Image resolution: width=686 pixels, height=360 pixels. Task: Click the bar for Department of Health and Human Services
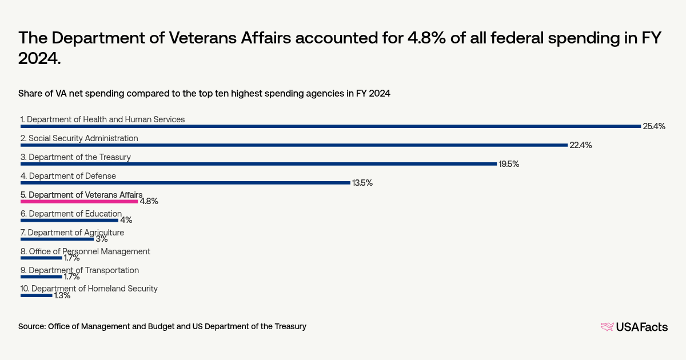330,126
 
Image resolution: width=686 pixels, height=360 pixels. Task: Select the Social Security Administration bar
294,145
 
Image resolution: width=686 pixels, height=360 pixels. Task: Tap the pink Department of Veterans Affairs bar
79,201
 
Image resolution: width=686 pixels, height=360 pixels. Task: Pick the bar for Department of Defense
185,183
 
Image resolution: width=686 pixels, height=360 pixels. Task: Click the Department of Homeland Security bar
36,295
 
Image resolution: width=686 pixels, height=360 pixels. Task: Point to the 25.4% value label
654,126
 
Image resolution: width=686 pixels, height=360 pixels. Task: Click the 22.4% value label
580,145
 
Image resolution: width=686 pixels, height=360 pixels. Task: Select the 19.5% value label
509,164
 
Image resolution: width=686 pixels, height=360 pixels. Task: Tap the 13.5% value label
362,183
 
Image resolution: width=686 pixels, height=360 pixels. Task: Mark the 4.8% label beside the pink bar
149,201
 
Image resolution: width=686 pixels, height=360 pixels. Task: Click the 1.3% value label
62,295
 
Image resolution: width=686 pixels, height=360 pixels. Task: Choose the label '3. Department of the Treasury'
75,157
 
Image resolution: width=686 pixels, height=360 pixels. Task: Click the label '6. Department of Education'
71,214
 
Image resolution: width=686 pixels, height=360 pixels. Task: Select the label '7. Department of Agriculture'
72,233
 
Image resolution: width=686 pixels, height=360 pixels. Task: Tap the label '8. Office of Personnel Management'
85,251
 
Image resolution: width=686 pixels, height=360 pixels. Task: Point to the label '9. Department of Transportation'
79,270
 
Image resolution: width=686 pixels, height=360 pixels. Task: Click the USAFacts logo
634,327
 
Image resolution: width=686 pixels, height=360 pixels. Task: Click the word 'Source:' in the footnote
32,326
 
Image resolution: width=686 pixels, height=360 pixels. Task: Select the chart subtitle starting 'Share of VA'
204,94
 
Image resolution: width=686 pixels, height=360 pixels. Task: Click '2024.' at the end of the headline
39,58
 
